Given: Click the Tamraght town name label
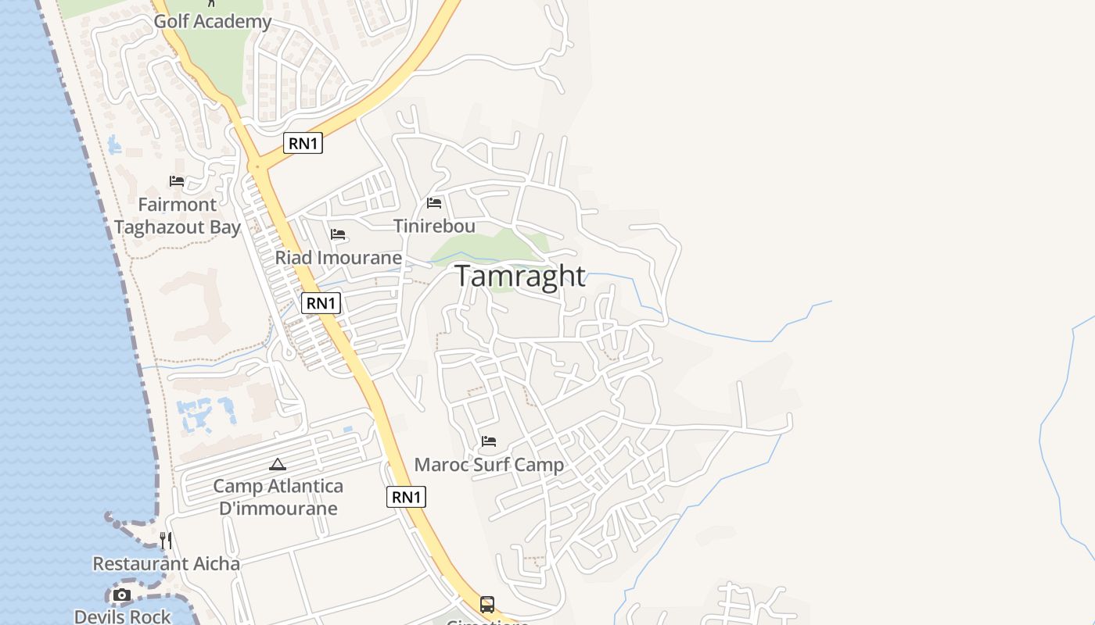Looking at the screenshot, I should point(519,276).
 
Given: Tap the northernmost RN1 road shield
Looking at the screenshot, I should point(303,143).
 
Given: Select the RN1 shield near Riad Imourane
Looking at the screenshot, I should point(321,303).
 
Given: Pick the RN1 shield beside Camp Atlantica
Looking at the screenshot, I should point(406,497).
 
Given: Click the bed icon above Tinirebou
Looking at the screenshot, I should point(434,203).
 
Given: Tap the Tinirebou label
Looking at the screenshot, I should point(434,226).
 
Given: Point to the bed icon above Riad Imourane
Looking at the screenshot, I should point(338,234).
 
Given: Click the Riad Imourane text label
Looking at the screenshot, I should point(338,257).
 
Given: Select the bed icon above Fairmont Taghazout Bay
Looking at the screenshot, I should point(177,181).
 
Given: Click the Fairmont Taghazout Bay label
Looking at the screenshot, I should point(177,216).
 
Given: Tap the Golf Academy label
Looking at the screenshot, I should point(212,21).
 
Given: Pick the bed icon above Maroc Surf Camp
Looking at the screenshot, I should point(489,441).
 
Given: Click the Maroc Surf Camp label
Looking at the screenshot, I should point(489,465).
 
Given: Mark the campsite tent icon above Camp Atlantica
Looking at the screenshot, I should point(278,464).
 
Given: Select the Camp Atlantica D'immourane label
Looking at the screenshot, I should point(278,497).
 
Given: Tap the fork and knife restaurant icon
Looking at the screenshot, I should point(166,540).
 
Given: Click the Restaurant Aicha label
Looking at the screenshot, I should point(166,563).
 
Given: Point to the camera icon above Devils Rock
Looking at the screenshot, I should point(121,595).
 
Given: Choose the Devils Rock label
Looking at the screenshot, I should point(122,616).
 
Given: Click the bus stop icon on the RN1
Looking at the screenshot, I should point(487,604).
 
